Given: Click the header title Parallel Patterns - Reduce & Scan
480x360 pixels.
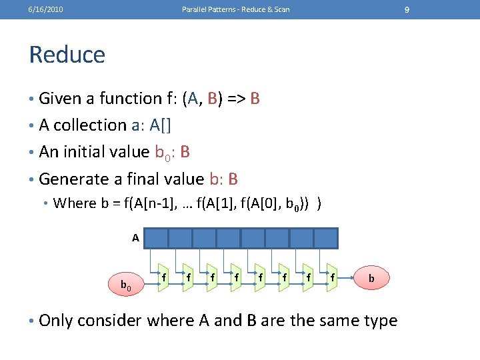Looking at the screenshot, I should [x=235, y=9].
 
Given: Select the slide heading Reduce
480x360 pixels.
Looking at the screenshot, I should [x=67, y=55].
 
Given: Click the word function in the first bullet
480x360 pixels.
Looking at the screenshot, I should [x=130, y=99].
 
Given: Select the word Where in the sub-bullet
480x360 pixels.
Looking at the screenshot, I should [x=75, y=203].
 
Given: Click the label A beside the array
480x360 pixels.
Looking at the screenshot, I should [x=135, y=237].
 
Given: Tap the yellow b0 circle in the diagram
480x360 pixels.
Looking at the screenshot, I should [x=125, y=285].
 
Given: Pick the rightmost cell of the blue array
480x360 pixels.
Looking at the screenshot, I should [x=326, y=238].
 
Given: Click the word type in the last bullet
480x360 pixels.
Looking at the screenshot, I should [x=377, y=321].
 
